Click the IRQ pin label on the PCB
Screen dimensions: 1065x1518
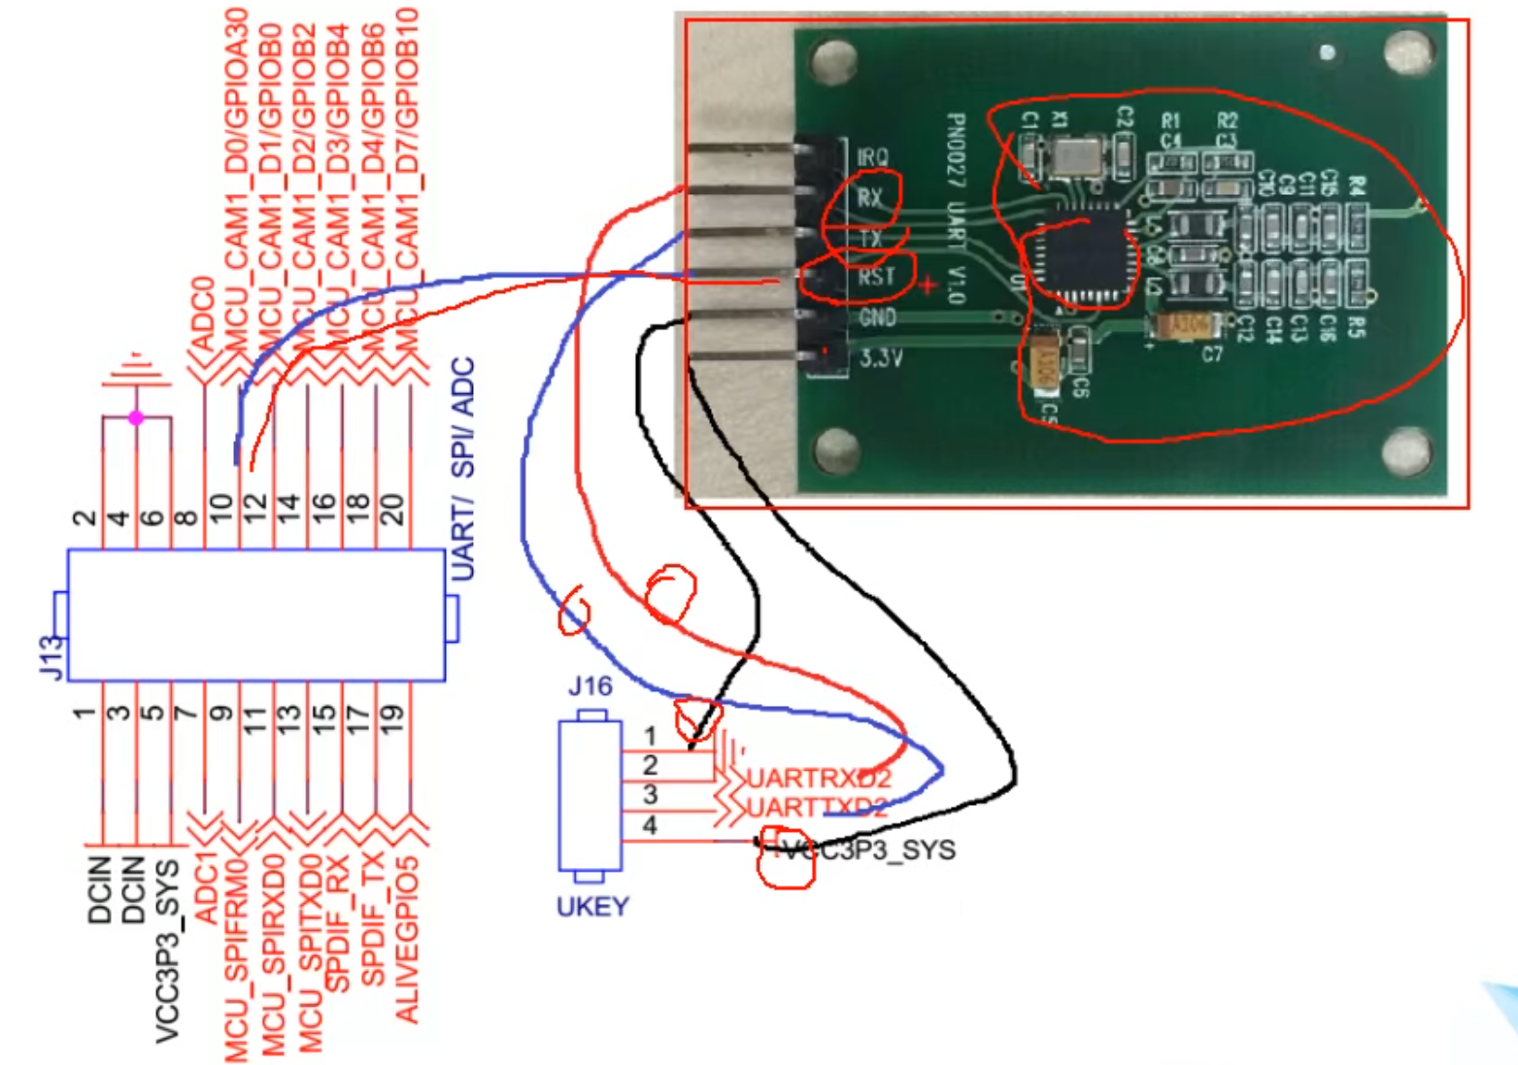click(x=872, y=156)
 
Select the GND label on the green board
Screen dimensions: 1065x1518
click(x=877, y=317)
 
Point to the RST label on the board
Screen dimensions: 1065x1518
click(x=876, y=277)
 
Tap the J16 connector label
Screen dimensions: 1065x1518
click(x=590, y=686)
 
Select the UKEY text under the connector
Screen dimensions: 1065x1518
click(x=592, y=907)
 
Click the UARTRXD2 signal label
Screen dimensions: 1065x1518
click(x=818, y=779)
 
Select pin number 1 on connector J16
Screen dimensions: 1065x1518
click(x=650, y=737)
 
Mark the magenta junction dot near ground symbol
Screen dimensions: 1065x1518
click(x=136, y=417)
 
